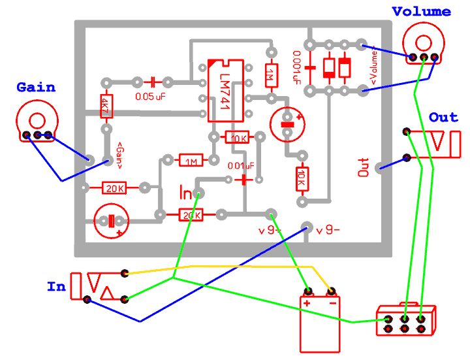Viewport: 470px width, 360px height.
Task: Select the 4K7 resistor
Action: pos(104,105)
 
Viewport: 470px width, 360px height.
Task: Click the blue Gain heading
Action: pos(36,87)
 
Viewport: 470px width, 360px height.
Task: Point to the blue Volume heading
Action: pos(421,11)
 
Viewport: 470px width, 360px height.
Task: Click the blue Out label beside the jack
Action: pos(443,117)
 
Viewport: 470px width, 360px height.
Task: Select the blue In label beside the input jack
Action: pos(56,286)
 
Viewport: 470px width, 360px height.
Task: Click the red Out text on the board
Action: pos(364,167)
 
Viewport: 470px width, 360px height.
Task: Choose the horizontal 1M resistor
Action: pos(191,161)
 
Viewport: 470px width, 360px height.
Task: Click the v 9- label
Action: pos(328,230)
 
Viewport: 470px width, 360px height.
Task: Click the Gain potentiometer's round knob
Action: pos(37,120)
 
